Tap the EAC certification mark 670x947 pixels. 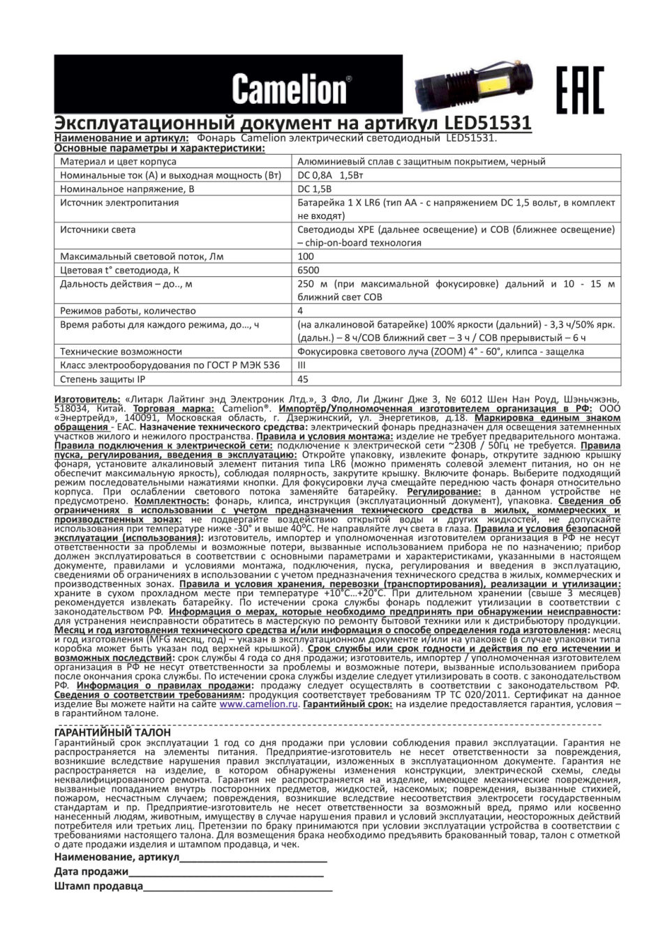point(579,89)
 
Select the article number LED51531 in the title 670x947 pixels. point(489,123)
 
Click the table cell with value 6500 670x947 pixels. point(308,270)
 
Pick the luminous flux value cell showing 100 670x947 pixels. point(306,257)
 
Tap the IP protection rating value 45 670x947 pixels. point(303,379)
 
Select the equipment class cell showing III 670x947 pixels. point(301,365)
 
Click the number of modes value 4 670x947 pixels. point(300,310)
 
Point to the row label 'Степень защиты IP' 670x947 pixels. point(103,379)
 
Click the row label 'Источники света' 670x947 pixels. point(98,229)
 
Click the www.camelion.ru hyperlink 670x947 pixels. point(259,704)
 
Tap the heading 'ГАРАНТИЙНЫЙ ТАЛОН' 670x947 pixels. point(112,733)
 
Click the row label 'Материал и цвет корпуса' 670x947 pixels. point(118,161)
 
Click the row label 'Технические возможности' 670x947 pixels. point(121,351)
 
